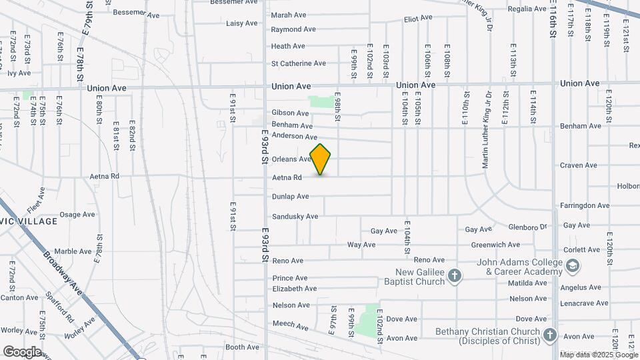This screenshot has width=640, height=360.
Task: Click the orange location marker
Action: click(321, 159)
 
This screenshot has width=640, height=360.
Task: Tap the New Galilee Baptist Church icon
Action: click(455, 276)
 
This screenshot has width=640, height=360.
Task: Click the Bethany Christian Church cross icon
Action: click(549, 335)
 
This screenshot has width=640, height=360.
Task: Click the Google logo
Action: click(22, 352)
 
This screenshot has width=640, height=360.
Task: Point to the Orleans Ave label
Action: click(291, 159)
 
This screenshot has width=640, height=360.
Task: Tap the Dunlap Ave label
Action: click(290, 197)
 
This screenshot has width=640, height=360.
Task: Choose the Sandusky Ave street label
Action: click(295, 217)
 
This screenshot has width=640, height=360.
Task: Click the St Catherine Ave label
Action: click(298, 63)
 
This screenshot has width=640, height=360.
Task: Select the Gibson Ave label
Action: click(290, 113)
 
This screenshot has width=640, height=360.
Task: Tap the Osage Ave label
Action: click(77, 215)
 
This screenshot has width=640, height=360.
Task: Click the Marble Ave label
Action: click(73, 251)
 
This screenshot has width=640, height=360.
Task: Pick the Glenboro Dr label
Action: click(527, 227)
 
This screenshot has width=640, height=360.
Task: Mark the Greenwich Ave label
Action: click(495, 245)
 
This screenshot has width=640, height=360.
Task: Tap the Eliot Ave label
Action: click(418, 18)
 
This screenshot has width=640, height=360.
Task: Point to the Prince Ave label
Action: click(290, 278)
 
